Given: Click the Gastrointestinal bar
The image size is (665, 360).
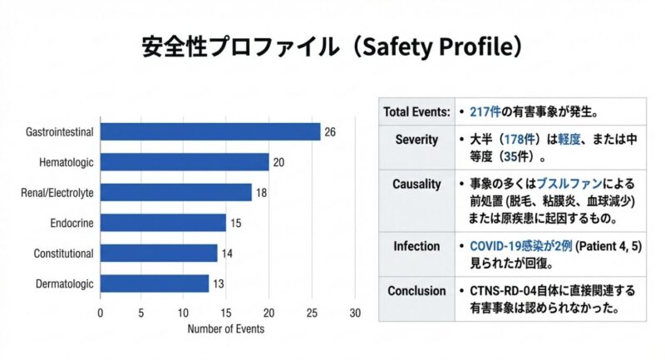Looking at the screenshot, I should (x=210, y=131).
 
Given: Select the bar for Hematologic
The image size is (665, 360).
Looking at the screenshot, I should (x=185, y=162).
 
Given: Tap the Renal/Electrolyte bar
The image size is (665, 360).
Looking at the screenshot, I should (x=176, y=192).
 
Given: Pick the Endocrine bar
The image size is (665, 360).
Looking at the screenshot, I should (x=164, y=223).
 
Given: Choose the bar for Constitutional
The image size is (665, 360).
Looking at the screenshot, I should (x=160, y=253).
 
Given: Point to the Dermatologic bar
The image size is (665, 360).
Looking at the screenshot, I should (x=155, y=284).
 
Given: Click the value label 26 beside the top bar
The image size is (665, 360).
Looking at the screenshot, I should (x=330, y=132).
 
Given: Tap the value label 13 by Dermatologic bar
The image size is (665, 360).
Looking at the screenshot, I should (x=219, y=284).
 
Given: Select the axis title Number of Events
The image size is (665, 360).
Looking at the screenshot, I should (x=226, y=328).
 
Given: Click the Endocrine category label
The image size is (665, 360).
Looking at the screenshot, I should (x=71, y=223).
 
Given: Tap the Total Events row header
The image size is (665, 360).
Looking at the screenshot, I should (x=416, y=111).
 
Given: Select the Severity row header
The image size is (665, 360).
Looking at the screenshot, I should (x=416, y=140).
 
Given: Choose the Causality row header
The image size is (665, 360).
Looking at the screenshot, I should (x=416, y=184).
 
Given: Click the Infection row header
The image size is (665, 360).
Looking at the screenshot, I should (x=416, y=246).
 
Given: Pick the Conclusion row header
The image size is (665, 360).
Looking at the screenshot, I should (x=416, y=291).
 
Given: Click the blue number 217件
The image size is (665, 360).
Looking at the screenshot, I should (x=485, y=111).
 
